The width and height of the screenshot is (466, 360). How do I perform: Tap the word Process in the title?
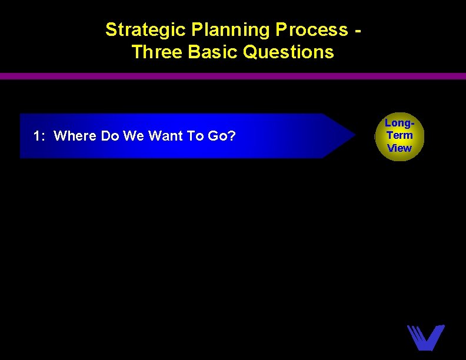coord(311,30)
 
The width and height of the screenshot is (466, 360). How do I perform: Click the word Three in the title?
coord(157,52)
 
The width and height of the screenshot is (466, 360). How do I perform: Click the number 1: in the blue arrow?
coord(40,136)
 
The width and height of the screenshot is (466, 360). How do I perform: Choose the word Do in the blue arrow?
coord(110,136)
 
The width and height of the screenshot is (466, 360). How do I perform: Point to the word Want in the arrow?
coord(165,136)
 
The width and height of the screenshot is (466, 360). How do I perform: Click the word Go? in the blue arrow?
coord(222,136)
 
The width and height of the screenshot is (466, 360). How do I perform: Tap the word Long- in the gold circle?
coord(400,123)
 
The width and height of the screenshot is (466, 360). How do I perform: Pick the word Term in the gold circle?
coord(400,135)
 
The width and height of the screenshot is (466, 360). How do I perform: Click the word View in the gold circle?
coord(400,148)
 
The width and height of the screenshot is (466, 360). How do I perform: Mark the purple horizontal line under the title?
coord(233,76)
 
